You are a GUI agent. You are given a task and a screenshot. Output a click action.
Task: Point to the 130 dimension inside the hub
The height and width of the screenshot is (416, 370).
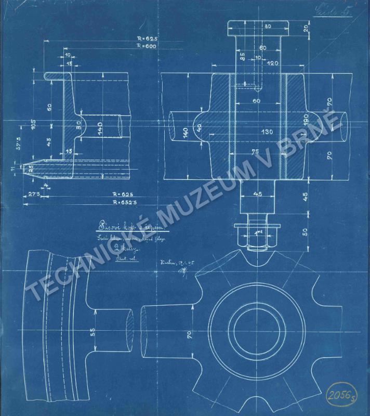[267, 132]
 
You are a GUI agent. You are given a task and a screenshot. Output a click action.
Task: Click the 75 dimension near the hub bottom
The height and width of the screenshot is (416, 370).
[256, 152]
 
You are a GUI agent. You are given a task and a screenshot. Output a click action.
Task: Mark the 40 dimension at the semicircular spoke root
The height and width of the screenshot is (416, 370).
[199, 128]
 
